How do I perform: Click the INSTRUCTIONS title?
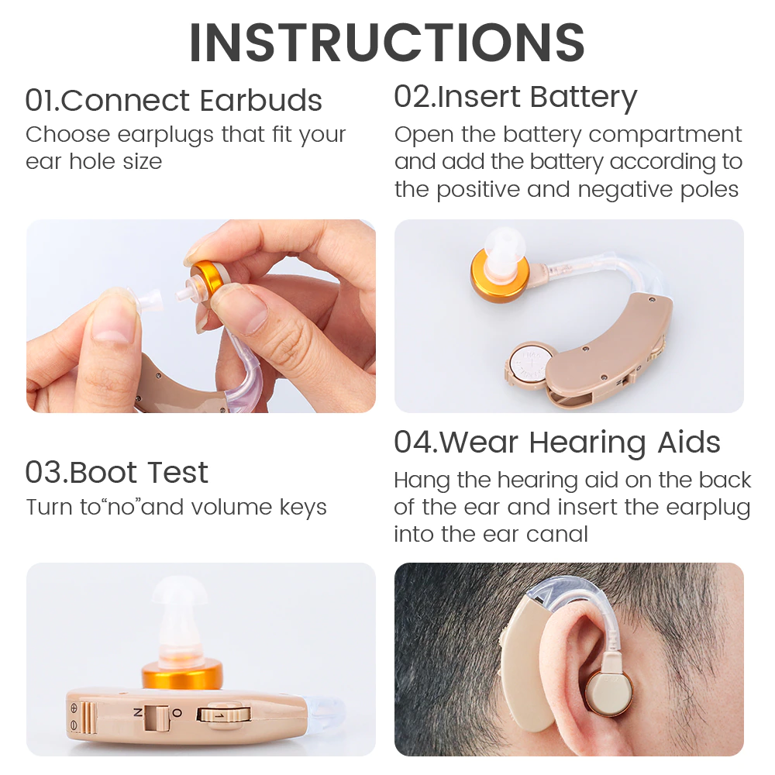pos(387,43)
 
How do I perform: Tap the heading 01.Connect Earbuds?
pos(174,100)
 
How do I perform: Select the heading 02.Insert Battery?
pos(515,98)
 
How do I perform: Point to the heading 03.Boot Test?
pos(117,472)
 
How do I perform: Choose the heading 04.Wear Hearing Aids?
pos(557,443)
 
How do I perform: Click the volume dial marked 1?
pos(224,715)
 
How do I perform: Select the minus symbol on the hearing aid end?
pos(74,725)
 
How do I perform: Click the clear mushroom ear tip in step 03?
pos(180,618)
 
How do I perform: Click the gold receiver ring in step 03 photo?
pos(181,676)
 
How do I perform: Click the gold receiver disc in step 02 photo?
pos(499,275)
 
